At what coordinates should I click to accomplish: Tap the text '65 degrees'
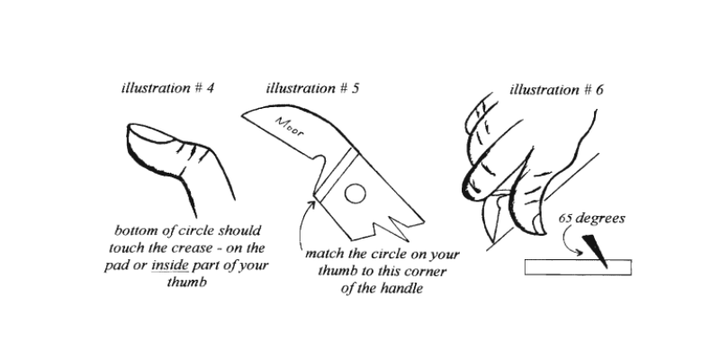pyautogui.click(x=592, y=219)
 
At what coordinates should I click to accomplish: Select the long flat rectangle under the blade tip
pyautogui.click(x=577, y=267)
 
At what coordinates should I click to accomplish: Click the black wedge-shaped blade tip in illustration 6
pyautogui.click(x=596, y=248)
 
